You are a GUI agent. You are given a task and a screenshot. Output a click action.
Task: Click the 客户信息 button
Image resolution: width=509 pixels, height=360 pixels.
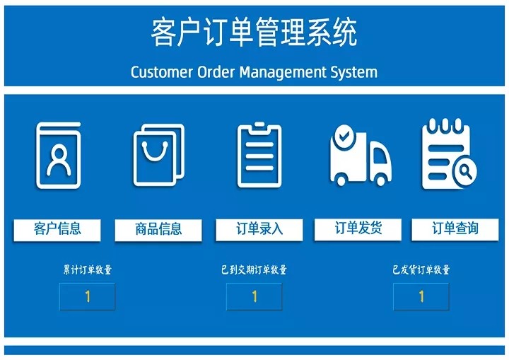(57, 229)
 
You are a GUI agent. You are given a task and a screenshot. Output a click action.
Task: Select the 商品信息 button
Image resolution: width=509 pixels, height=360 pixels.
(158, 230)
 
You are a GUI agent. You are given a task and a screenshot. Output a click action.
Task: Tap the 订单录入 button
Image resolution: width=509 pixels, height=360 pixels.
(259, 229)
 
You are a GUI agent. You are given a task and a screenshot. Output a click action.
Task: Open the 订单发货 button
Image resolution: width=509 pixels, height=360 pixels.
(358, 228)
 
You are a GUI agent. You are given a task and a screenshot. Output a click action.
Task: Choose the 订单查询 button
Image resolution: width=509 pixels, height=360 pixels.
(455, 228)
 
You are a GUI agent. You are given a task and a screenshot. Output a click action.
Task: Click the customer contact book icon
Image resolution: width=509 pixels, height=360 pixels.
(58, 156)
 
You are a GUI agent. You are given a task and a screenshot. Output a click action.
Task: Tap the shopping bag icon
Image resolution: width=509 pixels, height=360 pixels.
(159, 156)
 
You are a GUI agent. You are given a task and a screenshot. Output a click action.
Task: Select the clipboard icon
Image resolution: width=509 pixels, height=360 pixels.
(259, 156)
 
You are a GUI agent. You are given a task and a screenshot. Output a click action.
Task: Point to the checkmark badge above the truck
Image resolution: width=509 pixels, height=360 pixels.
(344, 134)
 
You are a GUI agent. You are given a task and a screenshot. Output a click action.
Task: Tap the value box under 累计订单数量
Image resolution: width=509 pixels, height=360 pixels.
(87, 296)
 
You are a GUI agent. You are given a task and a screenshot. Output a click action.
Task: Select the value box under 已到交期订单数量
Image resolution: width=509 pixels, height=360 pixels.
(255, 296)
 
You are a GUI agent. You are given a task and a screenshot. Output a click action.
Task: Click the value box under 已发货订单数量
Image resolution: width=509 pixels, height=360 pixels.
(421, 296)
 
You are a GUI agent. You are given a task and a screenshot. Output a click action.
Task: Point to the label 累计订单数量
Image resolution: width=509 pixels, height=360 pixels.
(87, 269)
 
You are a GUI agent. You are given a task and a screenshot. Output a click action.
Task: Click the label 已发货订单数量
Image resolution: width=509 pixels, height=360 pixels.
(421, 269)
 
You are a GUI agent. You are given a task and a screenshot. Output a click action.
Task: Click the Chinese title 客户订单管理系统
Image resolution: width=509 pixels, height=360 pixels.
(255, 33)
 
